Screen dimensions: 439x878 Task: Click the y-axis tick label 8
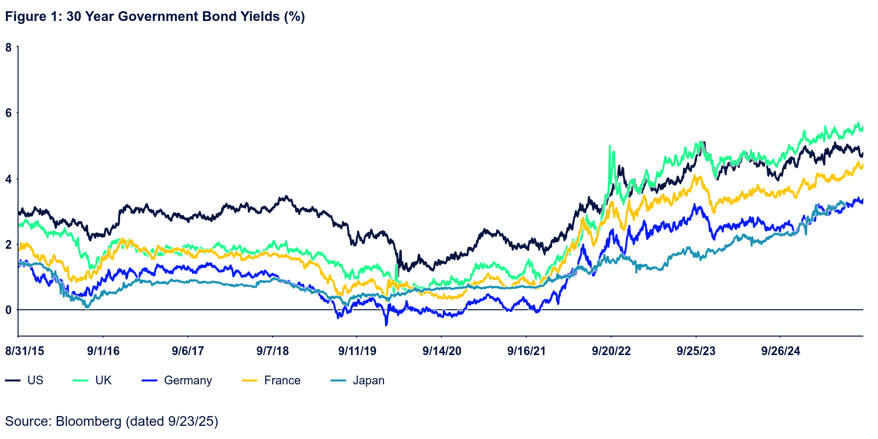[x=9, y=47]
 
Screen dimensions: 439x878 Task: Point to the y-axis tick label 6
[x=9, y=113]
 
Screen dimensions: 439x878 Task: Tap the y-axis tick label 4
[x=9, y=179]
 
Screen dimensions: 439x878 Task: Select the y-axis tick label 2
[x=9, y=244]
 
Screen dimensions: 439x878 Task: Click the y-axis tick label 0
[x=9, y=310]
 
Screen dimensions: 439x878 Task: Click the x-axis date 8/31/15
[x=25, y=351]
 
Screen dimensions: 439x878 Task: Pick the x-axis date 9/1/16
[x=103, y=351]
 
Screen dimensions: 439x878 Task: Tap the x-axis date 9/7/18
[x=273, y=351]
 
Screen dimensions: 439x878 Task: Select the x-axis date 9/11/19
[x=358, y=351]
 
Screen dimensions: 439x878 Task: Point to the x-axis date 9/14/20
[x=442, y=351]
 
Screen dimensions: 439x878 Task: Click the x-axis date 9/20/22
[x=611, y=351]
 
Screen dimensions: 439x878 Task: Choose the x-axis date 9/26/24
[x=781, y=351]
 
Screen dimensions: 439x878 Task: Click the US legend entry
[x=35, y=380]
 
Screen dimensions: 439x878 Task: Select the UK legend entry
[x=103, y=380]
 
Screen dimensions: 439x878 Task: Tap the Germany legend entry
[x=188, y=380]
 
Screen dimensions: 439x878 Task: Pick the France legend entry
[x=282, y=380]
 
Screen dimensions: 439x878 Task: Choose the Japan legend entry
[x=369, y=380]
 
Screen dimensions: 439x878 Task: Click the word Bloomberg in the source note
[x=88, y=421]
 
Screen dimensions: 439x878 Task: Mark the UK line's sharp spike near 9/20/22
[x=609, y=146]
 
